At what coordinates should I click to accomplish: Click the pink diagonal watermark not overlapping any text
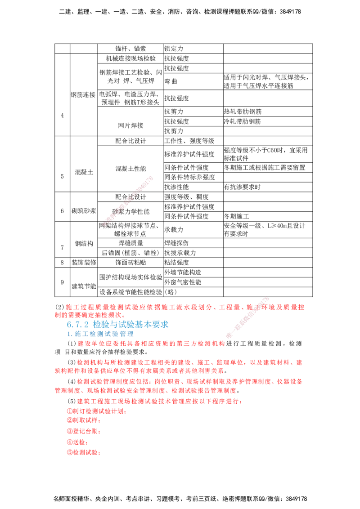(129, 201)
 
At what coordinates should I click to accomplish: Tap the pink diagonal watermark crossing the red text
(247, 317)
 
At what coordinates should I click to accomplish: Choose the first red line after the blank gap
(189, 362)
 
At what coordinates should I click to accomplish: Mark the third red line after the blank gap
(189, 381)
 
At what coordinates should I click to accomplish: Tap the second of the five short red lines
(83, 421)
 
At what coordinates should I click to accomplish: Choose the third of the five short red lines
(83, 431)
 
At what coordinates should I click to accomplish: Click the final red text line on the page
(83, 453)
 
